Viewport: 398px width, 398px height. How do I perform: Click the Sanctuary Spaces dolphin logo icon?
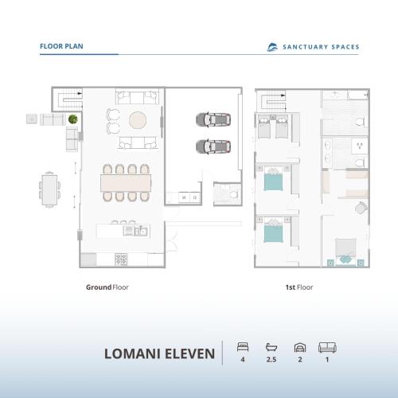272,47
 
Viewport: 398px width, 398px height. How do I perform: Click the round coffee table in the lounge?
138,120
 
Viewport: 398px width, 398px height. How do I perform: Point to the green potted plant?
72,119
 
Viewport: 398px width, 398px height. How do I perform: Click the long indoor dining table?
125,182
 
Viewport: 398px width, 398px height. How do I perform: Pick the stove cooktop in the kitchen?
122,259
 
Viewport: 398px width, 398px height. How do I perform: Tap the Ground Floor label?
107,287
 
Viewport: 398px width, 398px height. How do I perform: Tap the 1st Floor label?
298,287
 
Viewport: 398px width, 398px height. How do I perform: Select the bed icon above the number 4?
243,347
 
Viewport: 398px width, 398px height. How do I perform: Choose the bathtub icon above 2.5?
271,347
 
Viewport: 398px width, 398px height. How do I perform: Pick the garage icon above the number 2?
299,347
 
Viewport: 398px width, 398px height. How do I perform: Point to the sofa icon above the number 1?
326,347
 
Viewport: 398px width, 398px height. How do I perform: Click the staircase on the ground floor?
70,102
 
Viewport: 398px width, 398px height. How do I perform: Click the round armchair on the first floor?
361,207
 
